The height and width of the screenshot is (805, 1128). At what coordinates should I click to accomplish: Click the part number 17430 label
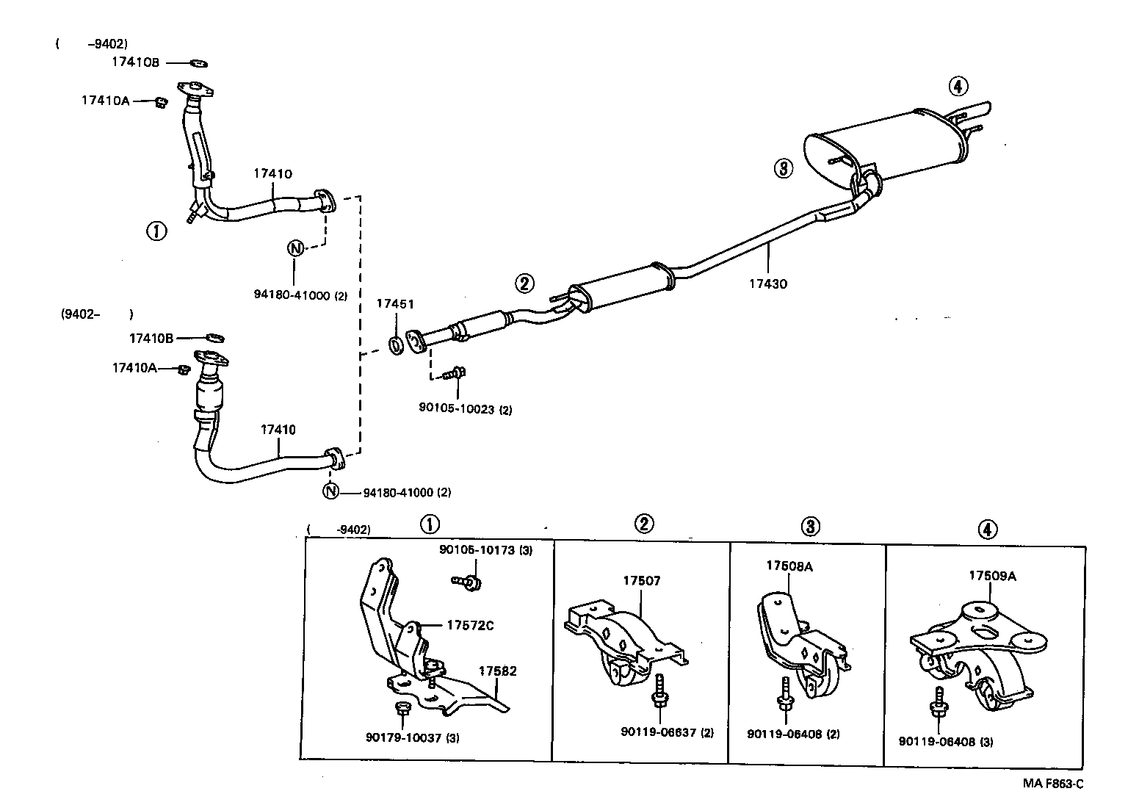point(768,284)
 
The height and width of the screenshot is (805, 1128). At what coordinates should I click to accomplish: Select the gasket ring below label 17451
point(395,344)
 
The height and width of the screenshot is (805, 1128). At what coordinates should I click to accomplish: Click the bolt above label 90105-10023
point(456,373)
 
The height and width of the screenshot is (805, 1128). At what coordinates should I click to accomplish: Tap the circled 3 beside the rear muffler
point(784,169)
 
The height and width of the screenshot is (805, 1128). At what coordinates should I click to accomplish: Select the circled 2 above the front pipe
point(524,283)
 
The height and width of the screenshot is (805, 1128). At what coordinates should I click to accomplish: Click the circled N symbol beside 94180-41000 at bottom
point(331,491)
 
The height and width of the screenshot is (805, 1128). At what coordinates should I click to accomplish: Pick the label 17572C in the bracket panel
point(470,625)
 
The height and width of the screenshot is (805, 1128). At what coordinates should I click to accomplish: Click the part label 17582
point(498,671)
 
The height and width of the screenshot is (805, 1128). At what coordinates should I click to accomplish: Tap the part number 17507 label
point(642,580)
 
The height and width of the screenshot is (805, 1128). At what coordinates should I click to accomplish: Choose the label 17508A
point(789,566)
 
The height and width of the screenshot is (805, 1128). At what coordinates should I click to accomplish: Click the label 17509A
point(992,576)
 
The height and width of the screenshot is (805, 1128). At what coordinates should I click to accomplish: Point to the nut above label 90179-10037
point(402,709)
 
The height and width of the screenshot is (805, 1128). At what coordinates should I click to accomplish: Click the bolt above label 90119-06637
point(659,690)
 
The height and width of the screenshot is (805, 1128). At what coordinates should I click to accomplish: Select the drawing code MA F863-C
point(1053,783)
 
